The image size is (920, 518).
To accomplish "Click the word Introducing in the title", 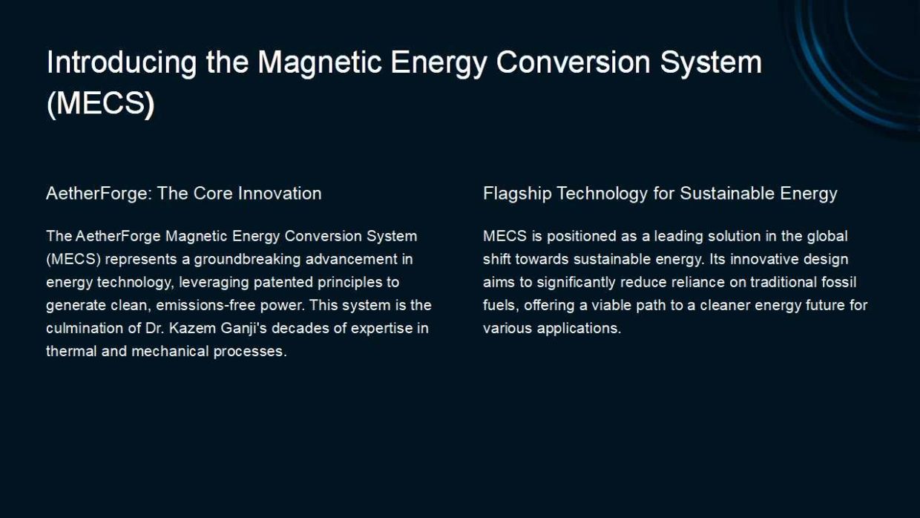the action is point(122,63).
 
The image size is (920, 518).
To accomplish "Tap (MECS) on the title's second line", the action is point(101,103).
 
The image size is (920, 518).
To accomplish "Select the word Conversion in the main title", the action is point(574,62).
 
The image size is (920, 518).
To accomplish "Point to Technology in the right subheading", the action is point(602,194).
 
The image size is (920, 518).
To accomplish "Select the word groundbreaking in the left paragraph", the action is point(247,260).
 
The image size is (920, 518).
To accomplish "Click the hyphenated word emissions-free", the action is point(206,305).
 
